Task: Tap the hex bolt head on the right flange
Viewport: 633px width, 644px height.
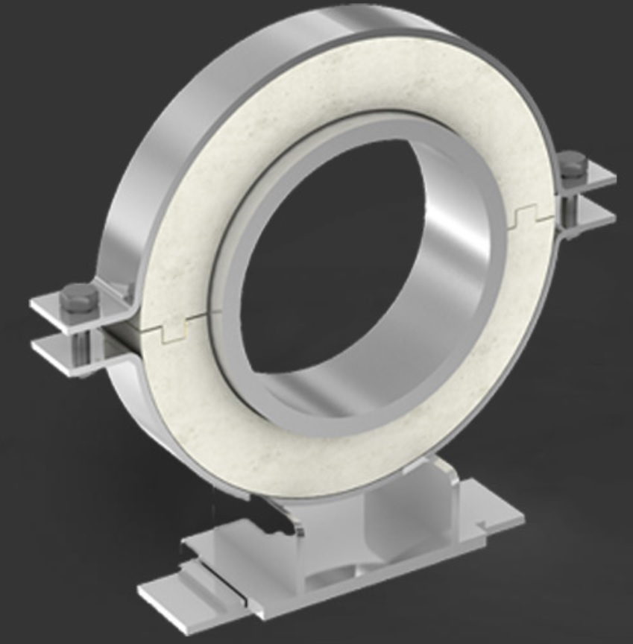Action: [x=572, y=162]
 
